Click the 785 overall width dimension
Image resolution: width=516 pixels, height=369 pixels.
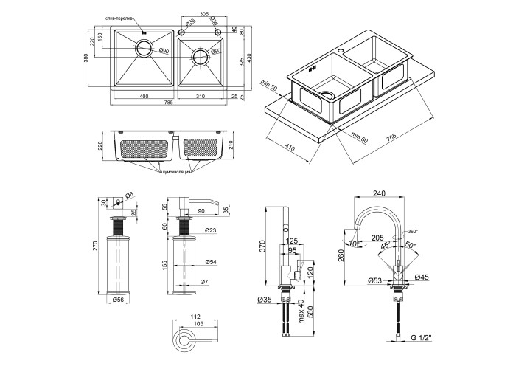(170, 103)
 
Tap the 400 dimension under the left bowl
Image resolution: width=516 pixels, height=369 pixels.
(144, 97)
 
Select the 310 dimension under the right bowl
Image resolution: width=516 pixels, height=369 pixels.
(201, 97)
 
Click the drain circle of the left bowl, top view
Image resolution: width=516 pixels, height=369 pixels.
(144, 50)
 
